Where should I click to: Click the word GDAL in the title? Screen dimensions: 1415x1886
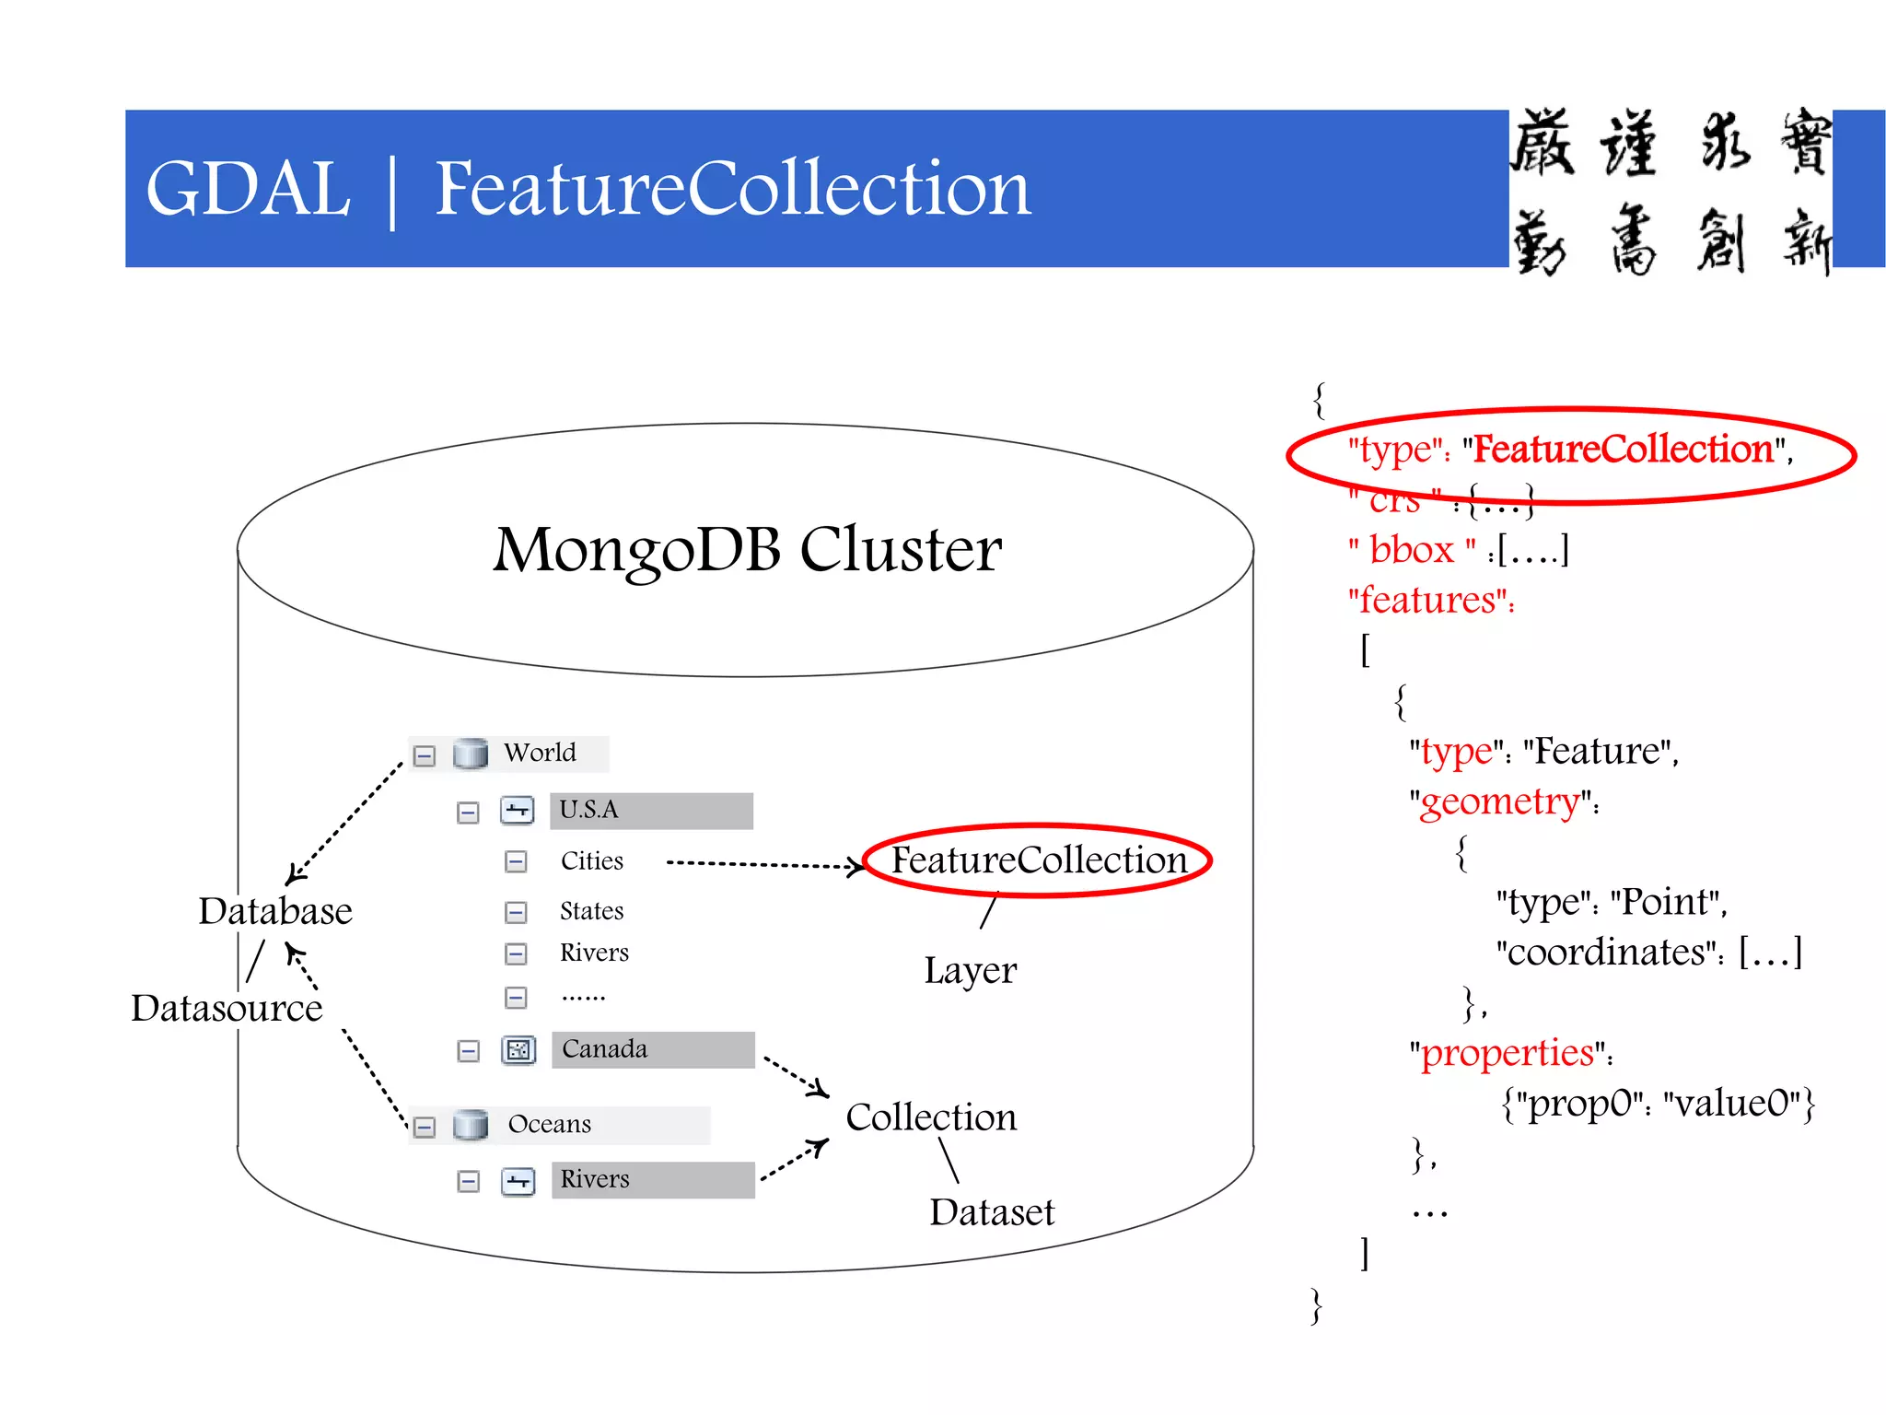coord(248,189)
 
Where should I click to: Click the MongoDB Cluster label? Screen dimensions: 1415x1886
coord(747,549)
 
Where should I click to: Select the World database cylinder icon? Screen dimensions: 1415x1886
coord(471,754)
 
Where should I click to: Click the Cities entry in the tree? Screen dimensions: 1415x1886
coord(591,860)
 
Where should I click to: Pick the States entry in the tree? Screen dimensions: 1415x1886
coord(591,911)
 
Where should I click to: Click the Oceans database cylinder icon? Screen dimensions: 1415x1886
coord(471,1125)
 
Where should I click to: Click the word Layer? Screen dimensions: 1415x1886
coord(970,971)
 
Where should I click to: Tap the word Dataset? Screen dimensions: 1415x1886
coord(991,1212)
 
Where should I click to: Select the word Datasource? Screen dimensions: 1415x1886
coord(227,1008)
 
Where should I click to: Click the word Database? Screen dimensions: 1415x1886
coord(275,911)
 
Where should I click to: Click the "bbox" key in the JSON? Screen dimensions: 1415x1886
coord(1412,551)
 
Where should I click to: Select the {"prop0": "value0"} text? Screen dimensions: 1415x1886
coord(1658,1103)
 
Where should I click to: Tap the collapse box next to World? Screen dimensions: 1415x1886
coord(425,756)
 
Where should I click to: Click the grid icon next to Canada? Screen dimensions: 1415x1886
coord(518,1050)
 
